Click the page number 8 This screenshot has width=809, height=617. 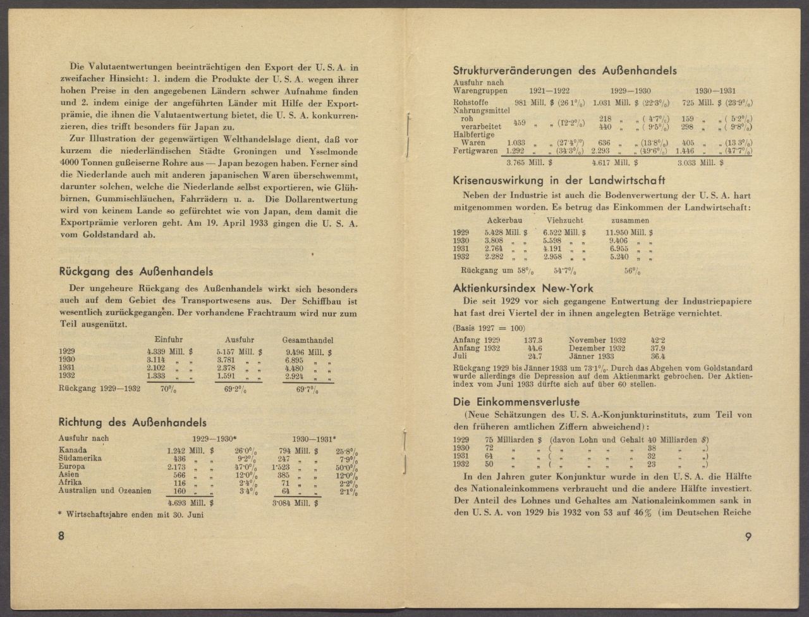(61, 536)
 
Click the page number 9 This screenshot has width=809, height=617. (748, 537)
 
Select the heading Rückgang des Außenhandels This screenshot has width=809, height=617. (135, 272)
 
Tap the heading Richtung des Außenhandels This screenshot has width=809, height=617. (132, 422)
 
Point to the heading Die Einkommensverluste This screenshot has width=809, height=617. (516, 402)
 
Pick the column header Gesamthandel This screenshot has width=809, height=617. (308, 340)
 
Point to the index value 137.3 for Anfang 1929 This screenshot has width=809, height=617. (533, 340)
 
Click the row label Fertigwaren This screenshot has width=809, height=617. (475, 151)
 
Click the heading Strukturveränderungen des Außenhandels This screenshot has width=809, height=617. (564, 71)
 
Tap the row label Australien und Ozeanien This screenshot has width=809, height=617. (105, 490)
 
